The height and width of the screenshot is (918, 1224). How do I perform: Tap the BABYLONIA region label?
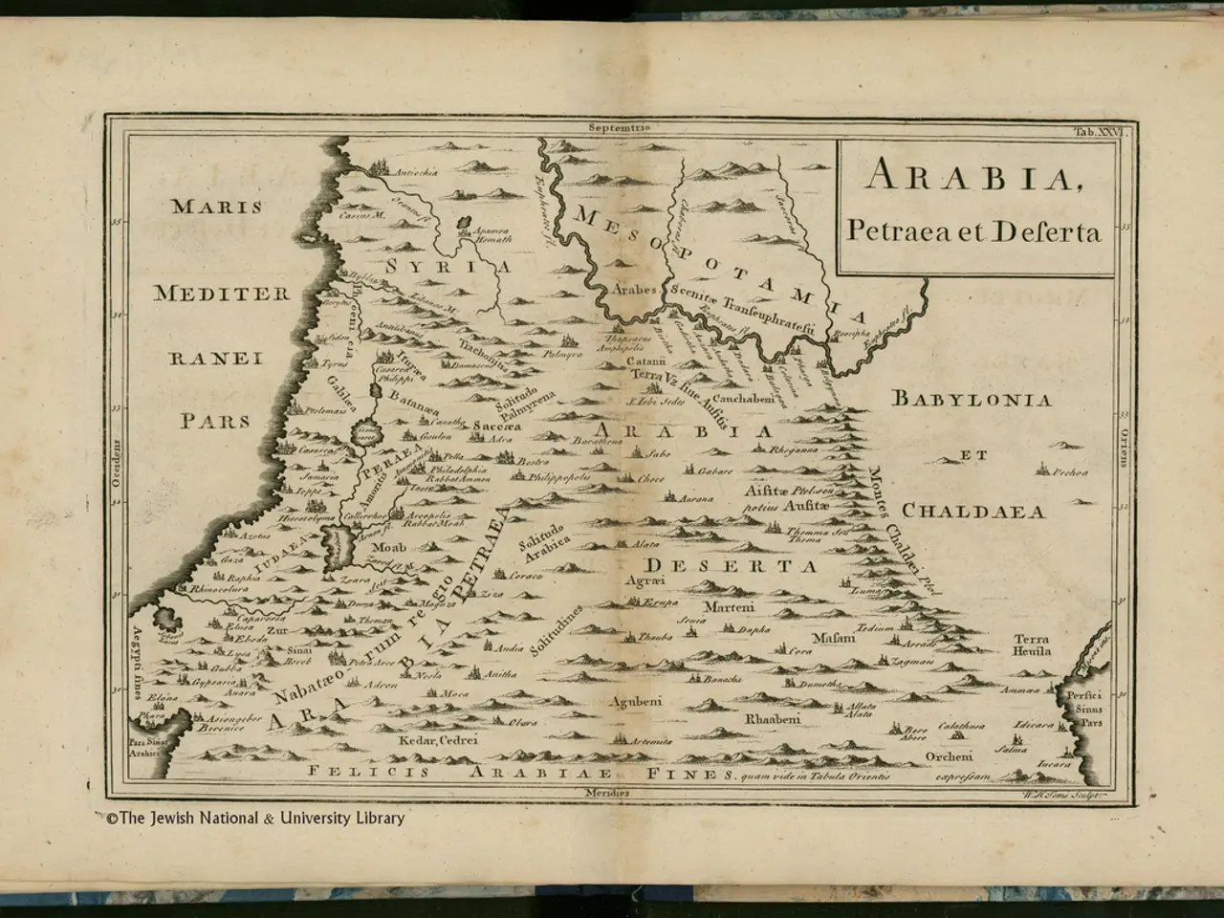[972, 400]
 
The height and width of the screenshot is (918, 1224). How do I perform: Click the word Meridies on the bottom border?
[609, 793]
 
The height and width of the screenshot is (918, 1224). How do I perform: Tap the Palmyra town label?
[562, 355]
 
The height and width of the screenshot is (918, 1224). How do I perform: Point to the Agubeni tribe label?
[635, 701]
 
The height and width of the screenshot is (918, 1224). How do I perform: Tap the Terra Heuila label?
[1032, 645]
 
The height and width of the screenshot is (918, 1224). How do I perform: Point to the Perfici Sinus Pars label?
[1087, 709]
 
